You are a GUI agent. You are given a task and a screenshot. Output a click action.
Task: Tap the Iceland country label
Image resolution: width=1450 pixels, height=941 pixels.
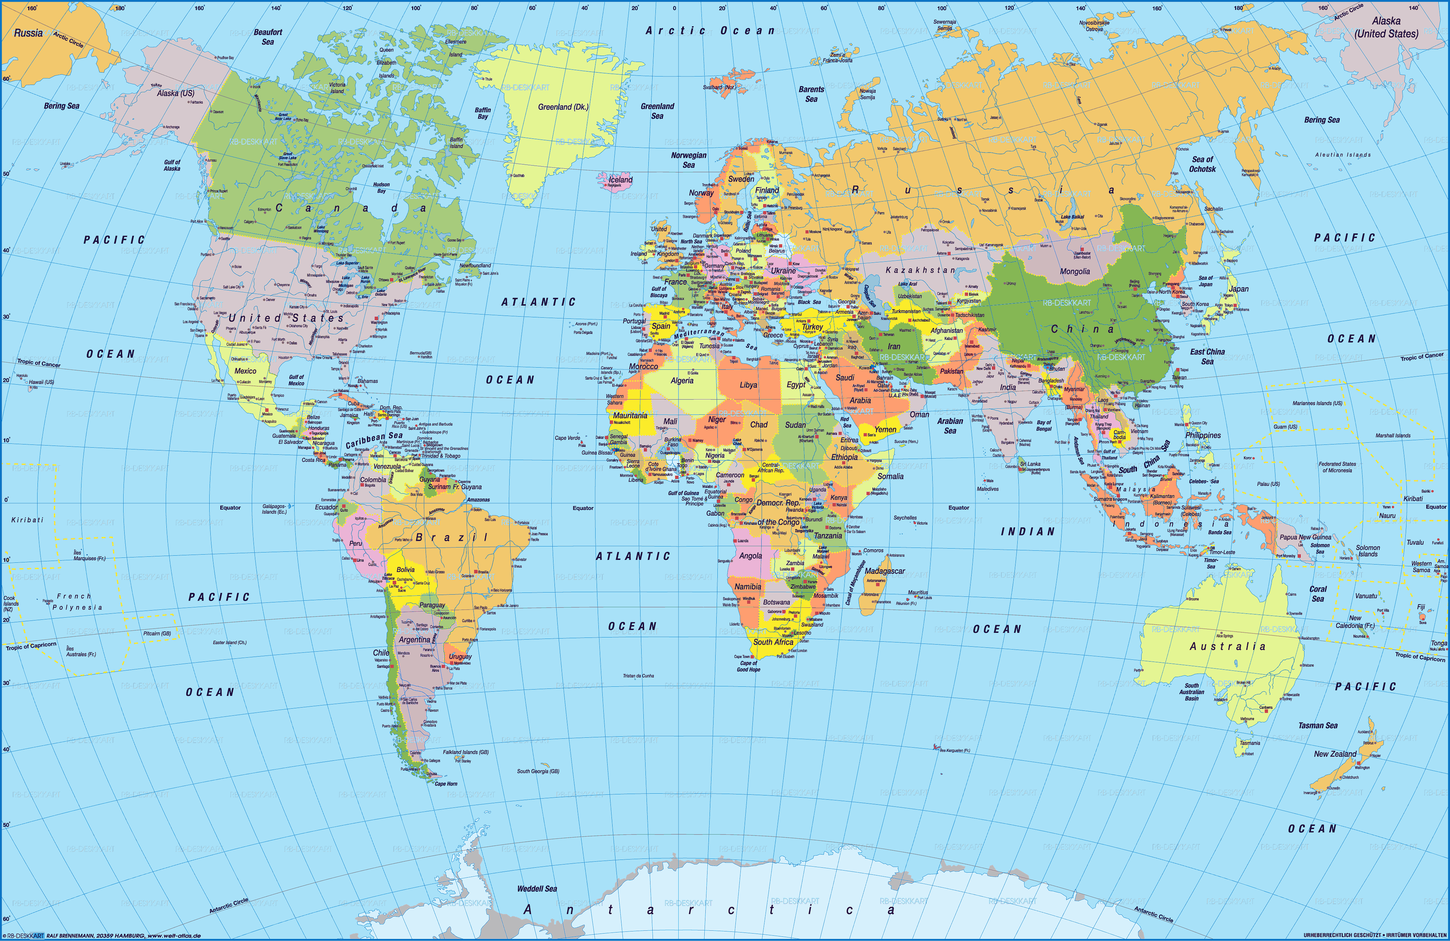tap(621, 180)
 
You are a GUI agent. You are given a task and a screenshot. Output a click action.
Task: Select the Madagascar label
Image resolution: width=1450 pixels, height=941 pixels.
tap(885, 571)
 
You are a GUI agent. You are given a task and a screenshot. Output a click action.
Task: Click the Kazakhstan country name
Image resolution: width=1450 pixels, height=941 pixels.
tap(920, 270)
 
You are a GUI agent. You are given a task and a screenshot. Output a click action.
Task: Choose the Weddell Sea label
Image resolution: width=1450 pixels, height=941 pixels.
tap(537, 889)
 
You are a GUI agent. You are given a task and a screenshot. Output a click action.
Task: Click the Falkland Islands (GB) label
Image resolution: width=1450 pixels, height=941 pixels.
tap(466, 752)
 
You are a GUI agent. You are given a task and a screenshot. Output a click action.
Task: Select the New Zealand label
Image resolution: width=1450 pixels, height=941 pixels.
tap(1335, 754)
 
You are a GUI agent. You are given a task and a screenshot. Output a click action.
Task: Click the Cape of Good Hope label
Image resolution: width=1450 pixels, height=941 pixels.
tap(748, 666)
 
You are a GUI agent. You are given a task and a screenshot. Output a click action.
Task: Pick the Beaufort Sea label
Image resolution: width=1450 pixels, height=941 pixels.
tap(268, 36)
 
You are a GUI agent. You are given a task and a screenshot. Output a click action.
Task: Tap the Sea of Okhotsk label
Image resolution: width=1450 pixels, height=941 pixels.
tap(1202, 164)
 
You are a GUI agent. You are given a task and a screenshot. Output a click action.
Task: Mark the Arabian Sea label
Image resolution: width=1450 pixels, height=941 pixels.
tap(950, 425)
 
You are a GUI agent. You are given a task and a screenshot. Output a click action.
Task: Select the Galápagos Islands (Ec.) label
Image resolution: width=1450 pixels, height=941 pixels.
tap(274, 509)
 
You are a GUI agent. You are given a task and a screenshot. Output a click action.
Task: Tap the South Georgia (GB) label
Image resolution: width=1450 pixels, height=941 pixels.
tap(538, 771)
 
